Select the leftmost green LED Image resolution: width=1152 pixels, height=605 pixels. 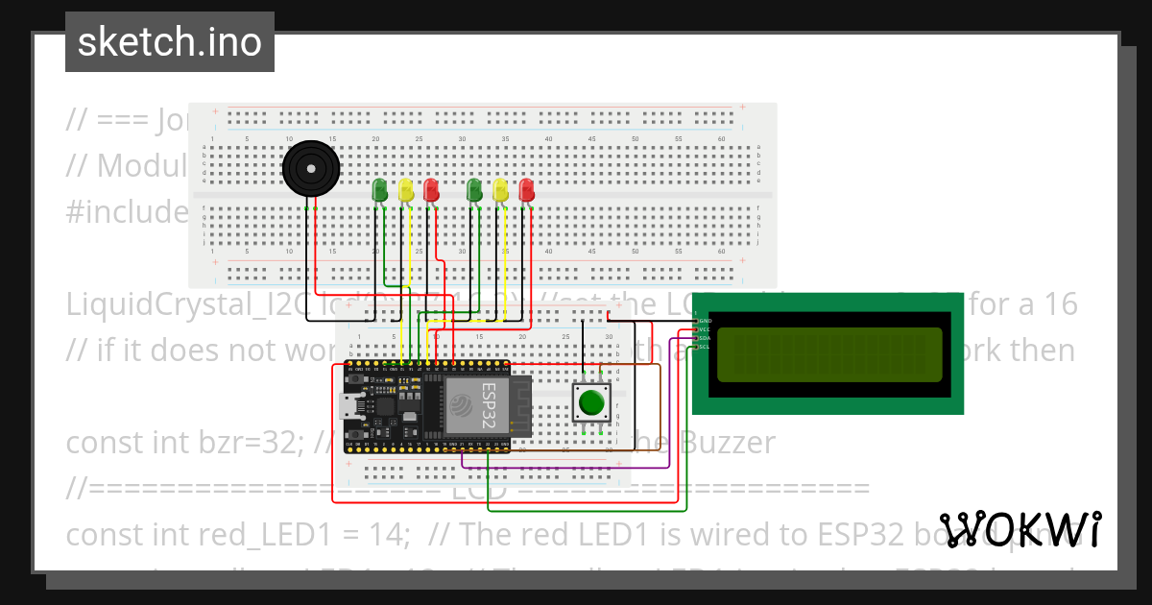coord(379,189)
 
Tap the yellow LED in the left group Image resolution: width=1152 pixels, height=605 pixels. coord(406,189)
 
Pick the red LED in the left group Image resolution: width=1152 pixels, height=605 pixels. coord(432,189)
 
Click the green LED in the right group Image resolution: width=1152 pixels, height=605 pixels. coord(473,189)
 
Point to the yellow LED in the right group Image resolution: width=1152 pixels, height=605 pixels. coord(499,189)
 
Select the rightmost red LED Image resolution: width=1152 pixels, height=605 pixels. coord(526,189)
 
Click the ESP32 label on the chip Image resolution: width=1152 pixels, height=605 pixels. coord(489,403)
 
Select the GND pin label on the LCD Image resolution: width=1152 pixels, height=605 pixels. coord(704,320)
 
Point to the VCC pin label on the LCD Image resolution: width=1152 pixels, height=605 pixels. coord(704,329)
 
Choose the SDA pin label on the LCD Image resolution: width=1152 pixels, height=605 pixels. coord(704,338)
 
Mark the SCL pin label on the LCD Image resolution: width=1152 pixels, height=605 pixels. coord(704,347)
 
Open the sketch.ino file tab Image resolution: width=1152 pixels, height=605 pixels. coord(170,42)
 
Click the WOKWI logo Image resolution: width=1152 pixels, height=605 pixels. coord(1020,530)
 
